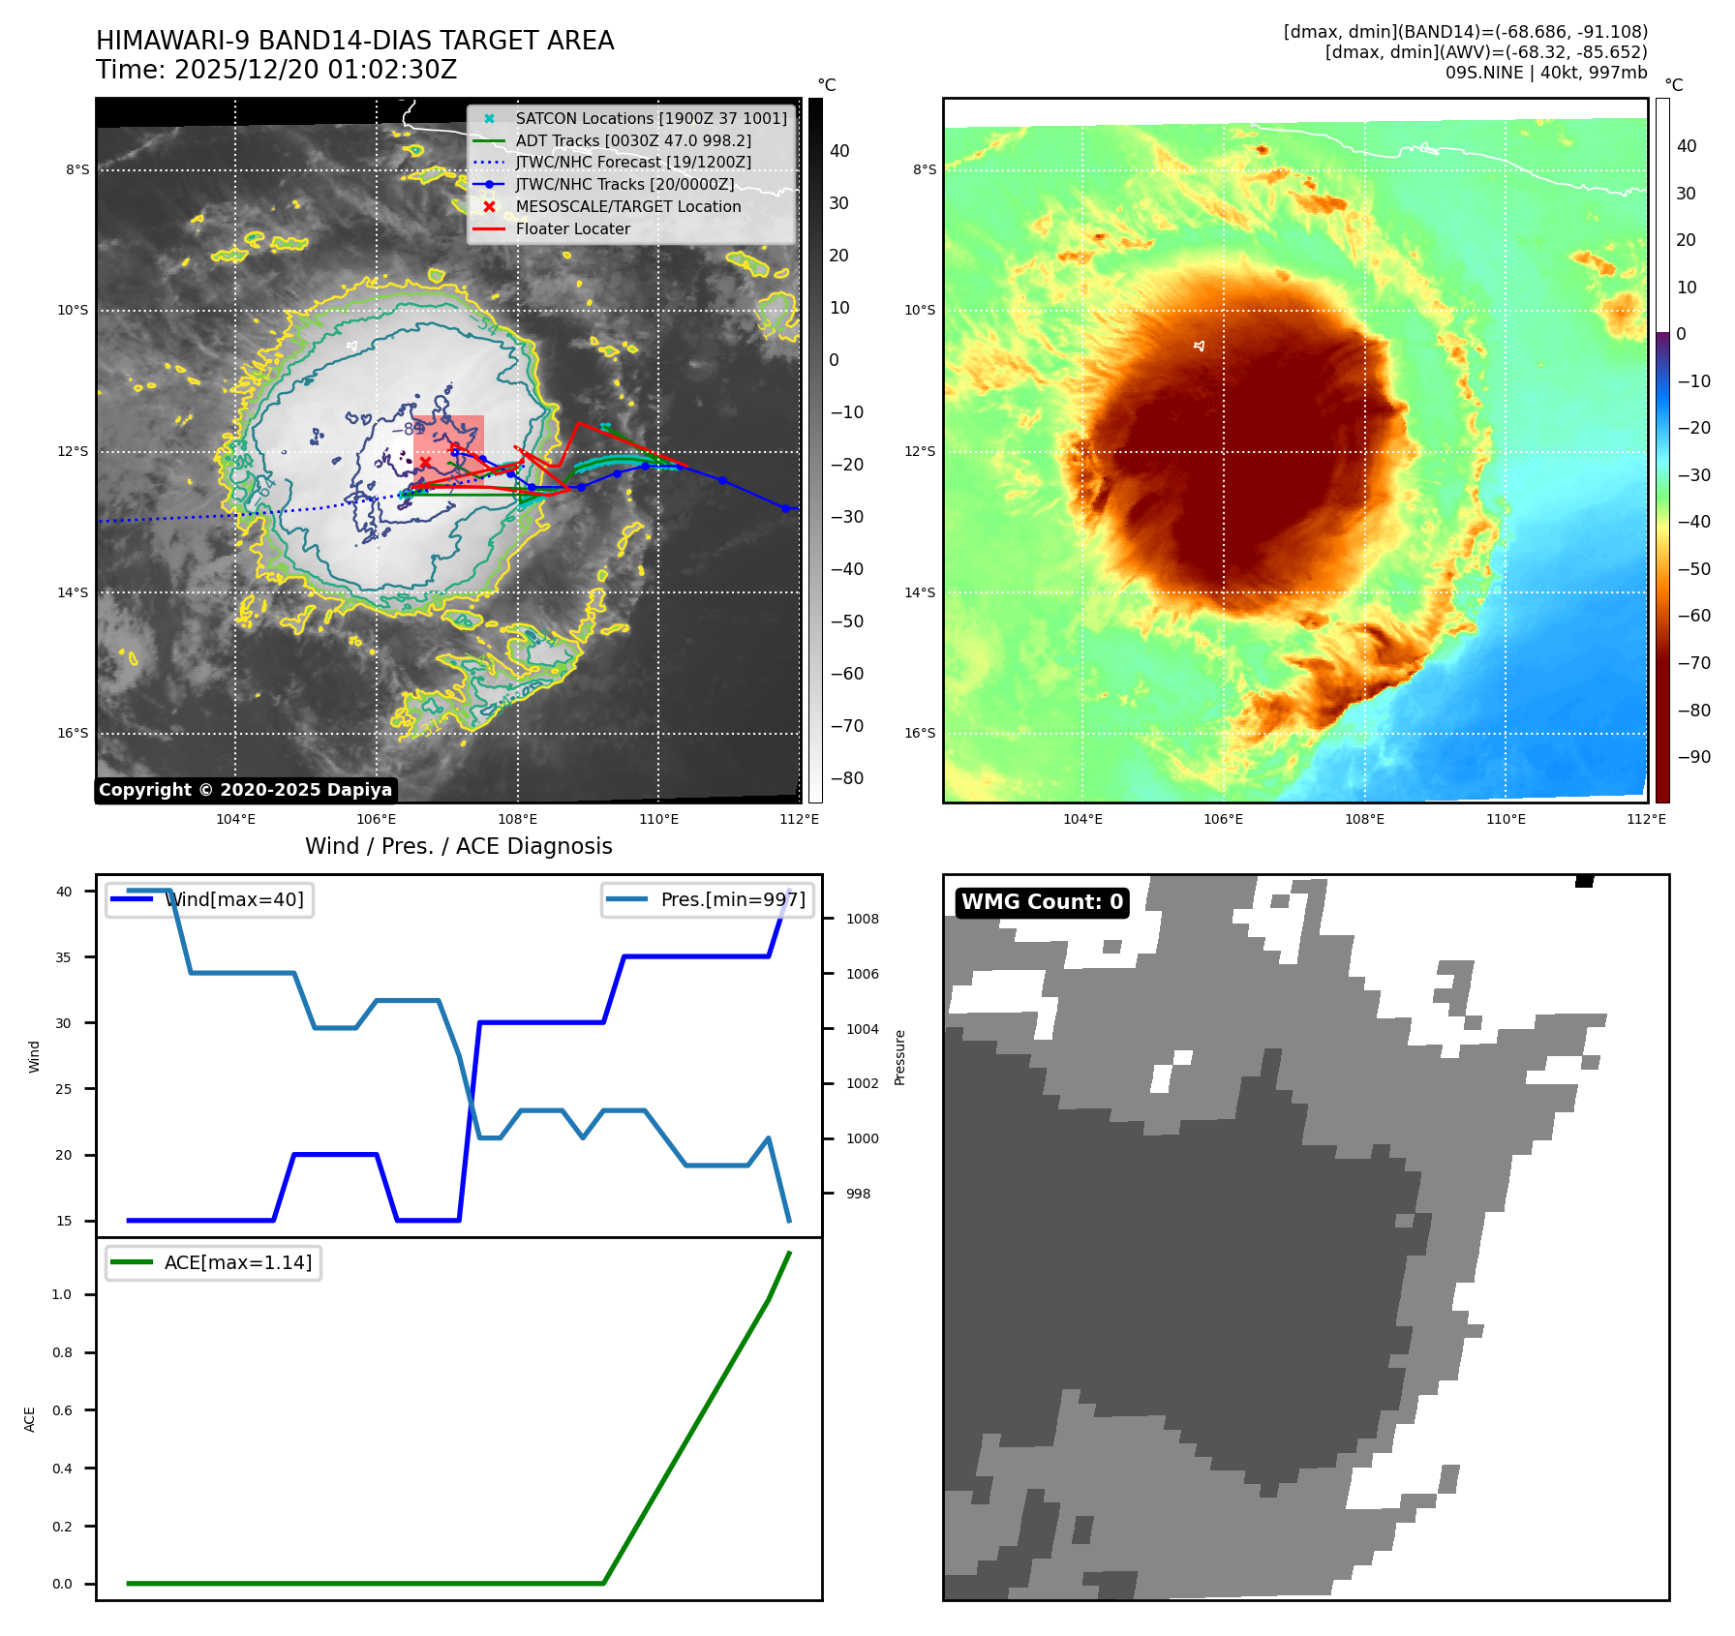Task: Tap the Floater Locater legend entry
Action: [572, 228]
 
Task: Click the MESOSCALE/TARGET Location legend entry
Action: [627, 206]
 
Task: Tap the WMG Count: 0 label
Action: [1042, 902]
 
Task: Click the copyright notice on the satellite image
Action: [245, 790]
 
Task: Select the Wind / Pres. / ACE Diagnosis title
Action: [458, 846]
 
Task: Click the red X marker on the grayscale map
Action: [425, 463]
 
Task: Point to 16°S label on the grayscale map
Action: [73, 733]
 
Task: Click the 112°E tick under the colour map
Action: [1646, 819]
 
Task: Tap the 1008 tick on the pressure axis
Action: [862, 919]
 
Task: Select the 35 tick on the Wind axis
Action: [63, 956]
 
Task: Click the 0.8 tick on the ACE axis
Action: [62, 1352]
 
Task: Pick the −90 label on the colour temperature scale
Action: [1693, 757]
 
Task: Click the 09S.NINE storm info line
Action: [1545, 73]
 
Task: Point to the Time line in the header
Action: [276, 70]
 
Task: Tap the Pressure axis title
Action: [899, 1057]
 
